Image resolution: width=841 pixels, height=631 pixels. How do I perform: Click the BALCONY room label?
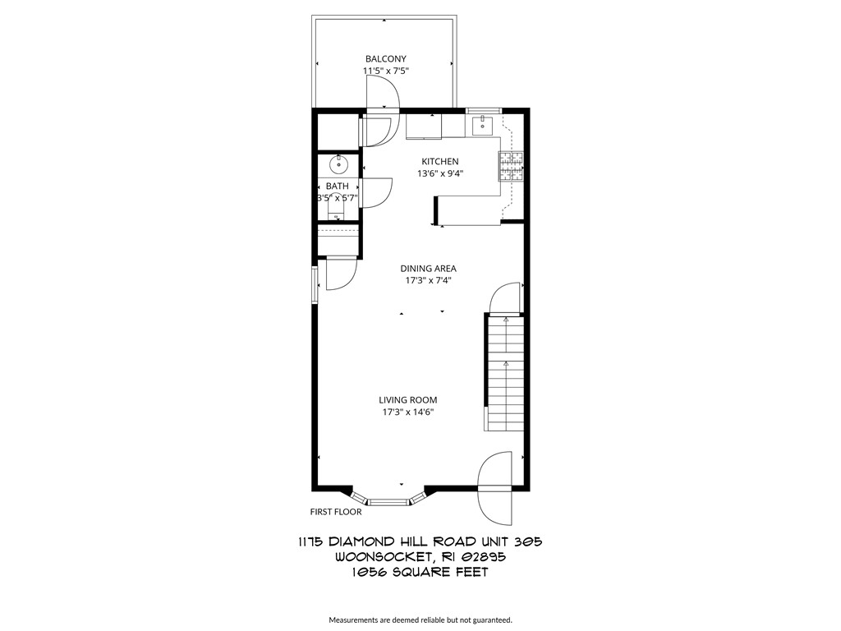385,58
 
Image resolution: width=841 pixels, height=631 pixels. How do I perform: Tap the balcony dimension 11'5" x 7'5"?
385,71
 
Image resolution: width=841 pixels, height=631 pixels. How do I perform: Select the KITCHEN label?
440,161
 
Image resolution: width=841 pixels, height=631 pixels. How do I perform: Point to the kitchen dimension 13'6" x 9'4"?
440,173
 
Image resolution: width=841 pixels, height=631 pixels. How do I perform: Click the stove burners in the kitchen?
512,166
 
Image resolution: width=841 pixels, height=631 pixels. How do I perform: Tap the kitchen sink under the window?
483,125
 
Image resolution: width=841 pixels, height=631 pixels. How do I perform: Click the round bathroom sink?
338,164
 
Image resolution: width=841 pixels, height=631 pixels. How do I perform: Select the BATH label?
338,187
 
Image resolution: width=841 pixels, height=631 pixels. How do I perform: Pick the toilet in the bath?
338,214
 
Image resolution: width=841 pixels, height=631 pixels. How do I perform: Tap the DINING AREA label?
428,268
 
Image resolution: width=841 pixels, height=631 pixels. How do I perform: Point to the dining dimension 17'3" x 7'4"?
428,280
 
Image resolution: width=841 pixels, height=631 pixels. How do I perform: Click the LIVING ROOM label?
407,400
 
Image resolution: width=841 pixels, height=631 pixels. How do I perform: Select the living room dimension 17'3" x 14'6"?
407,412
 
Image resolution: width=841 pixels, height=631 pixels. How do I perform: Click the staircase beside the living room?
503,374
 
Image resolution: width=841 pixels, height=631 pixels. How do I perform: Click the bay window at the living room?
388,499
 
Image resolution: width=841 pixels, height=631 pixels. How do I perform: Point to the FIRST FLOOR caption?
336,511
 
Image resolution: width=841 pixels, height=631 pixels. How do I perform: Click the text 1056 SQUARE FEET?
419,572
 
